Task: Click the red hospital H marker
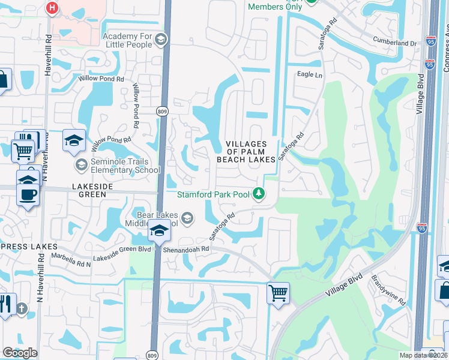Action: (53, 8)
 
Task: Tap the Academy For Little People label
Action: (128, 40)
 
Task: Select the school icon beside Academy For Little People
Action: (160, 40)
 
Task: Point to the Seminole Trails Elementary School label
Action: (125, 166)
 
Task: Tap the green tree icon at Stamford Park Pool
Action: (258, 193)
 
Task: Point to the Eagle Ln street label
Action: (310, 75)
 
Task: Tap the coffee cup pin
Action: (28, 194)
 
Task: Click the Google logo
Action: (20, 352)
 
